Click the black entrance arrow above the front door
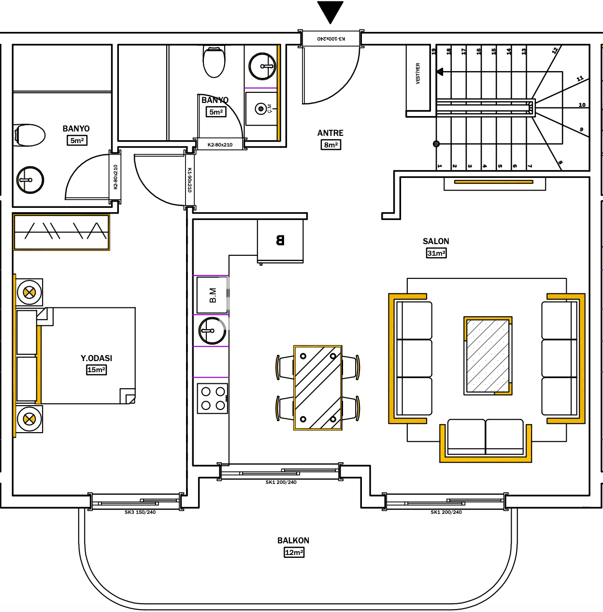(330, 12)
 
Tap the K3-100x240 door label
(331, 39)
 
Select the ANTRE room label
(330, 133)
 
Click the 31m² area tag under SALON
(436, 253)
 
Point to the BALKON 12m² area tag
(294, 552)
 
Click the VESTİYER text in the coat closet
(418, 73)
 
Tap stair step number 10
(582, 105)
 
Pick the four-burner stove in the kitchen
(213, 398)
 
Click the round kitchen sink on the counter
(212, 331)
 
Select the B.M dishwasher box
(212, 295)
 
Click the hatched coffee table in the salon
(488, 356)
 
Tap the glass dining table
(318, 388)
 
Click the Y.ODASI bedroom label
(96, 358)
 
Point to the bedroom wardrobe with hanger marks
(61, 233)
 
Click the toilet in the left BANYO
(29, 135)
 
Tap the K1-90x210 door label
(189, 180)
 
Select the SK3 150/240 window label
(140, 512)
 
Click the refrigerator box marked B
(280, 241)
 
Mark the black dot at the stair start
(436, 144)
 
